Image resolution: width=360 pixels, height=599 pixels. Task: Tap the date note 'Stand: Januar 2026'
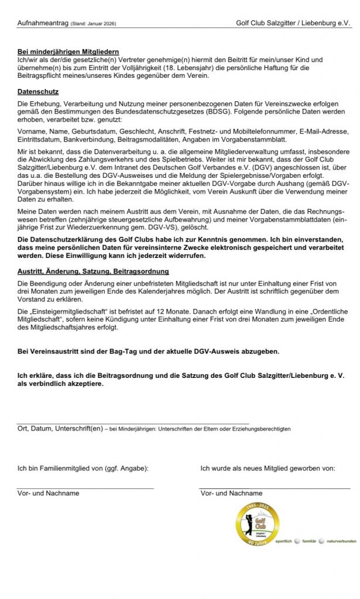tap(92, 24)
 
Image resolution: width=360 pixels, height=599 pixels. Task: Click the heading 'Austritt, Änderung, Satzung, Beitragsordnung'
tap(94, 271)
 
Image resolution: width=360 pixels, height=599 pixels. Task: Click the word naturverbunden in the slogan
tap(341, 541)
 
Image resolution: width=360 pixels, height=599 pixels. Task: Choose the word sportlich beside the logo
tap(284, 541)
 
